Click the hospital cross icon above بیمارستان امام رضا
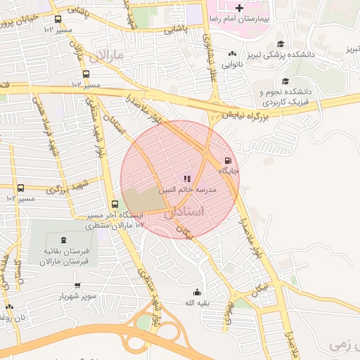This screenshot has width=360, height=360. (239, 8)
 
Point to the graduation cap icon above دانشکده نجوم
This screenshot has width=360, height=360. (285, 81)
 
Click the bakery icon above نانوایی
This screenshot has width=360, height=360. (232, 53)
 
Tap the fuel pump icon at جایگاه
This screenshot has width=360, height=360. (227, 160)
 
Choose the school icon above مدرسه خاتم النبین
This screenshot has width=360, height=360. (187, 179)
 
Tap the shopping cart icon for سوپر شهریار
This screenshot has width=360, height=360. (77, 285)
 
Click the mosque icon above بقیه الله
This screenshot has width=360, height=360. (197, 292)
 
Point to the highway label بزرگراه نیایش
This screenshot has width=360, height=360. (248, 113)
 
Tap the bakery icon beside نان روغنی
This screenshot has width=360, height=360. (9, 307)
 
